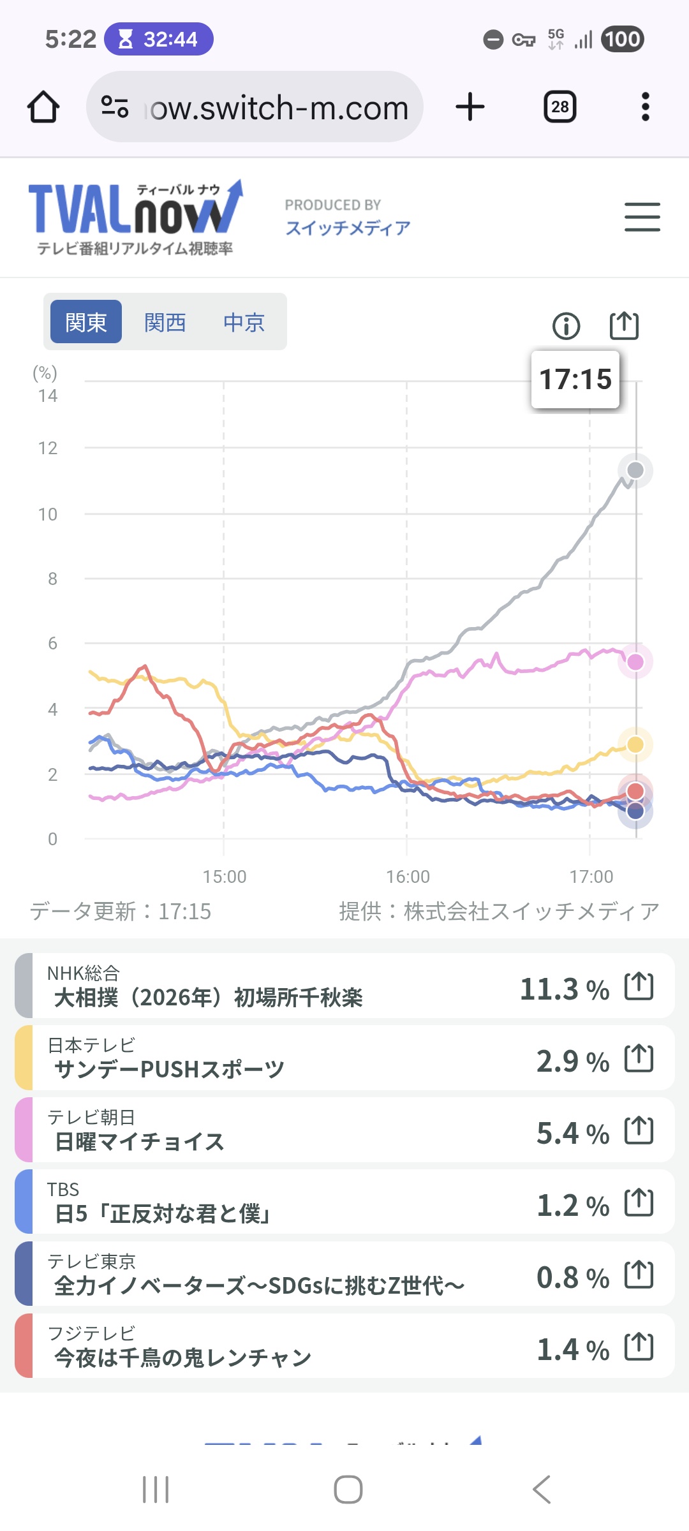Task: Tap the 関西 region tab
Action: coord(165,322)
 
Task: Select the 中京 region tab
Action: coord(244,322)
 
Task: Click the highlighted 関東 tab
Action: coord(86,322)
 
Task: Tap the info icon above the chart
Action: coord(566,326)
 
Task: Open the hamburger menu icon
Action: coord(642,217)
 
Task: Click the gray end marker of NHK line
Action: coord(635,471)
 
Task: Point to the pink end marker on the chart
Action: coord(635,662)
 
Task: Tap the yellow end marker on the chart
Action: coord(635,744)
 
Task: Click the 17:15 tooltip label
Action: coord(575,380)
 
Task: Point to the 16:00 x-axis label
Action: coord(408,876)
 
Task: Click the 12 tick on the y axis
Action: coord(48,448)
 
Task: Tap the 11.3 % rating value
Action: coord(564,989)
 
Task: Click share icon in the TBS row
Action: coord(639,1203)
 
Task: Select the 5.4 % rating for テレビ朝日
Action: coord(572,1134)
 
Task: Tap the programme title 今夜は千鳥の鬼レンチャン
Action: coord(182,1358)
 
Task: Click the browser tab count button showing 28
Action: coord(560,107)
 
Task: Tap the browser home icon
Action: coord(43,107)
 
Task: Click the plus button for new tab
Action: coord(470,107)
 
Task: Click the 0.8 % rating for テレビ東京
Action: coord(572,1278)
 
